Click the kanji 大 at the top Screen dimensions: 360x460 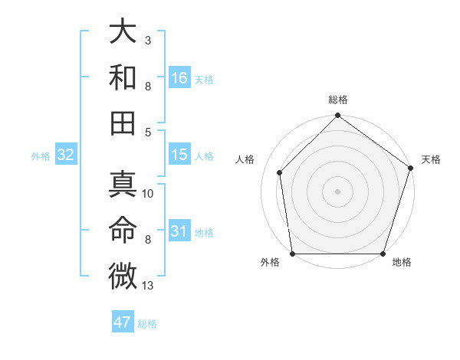tap(123, 33)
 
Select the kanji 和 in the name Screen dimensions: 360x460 tap(123, 77)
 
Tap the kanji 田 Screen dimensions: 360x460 tap(123, 122)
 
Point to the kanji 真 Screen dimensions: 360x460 tap(123, 186)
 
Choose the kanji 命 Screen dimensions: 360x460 tap(123, 231)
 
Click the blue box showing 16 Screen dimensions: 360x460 tap(179, 78)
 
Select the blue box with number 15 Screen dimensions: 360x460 tap(179, 155)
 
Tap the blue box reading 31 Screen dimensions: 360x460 tap(179, 231)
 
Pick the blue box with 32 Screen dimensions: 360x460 tap(66, 155)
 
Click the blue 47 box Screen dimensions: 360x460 tap(123, 322)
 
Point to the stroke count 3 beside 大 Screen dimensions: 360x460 tap(148, 39)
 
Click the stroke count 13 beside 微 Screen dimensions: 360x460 tap(148, 286)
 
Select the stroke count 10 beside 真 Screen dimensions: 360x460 tap(148, 194)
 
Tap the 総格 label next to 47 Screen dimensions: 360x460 tap(147, 324)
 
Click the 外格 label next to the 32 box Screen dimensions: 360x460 tap(41, 156)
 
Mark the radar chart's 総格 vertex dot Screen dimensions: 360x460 tap(337, 116)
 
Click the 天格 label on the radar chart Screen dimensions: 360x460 tap(431, 159)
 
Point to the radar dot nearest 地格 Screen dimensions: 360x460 tap(383, 254)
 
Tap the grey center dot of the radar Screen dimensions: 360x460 tap(337, 191)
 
